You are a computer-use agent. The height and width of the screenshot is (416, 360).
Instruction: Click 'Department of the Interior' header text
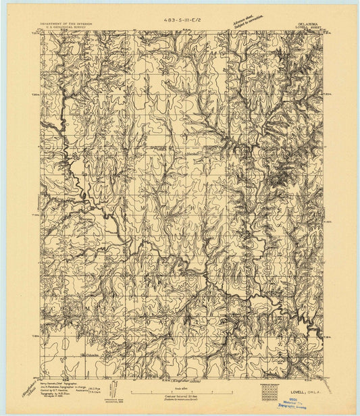click(x=67, y=26)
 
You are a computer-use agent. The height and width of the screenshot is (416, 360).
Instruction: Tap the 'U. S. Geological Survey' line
click(x=67, y=30)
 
